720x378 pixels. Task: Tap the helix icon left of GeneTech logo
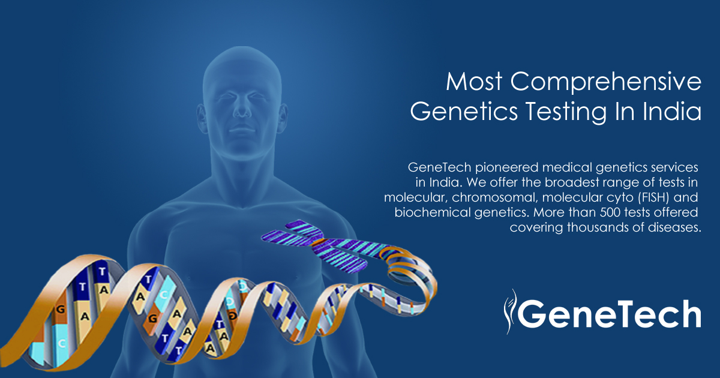click(x=509, y=310)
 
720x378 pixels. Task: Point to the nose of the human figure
click(x=241, y=109)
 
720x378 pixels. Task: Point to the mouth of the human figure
click(x=241, y=130)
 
